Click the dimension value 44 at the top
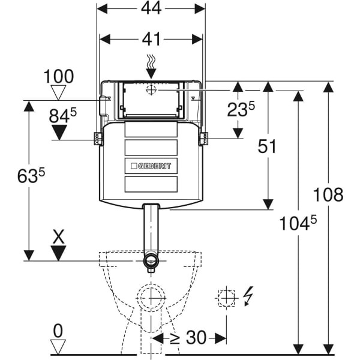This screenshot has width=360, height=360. [151, 10]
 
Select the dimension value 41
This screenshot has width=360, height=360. [151, 39]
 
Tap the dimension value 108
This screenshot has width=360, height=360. [329, 194]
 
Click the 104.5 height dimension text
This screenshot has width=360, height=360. [297, 224]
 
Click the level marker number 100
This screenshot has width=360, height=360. [58, 77]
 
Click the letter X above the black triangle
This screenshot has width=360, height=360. [58, 236]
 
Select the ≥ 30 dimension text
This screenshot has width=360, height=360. [187, 338]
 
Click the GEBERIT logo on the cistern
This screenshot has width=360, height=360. [151, 166]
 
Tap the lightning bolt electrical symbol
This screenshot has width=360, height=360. [248, 296]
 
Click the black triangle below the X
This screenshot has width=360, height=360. [58, 253]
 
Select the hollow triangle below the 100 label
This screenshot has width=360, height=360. [58, 92]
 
